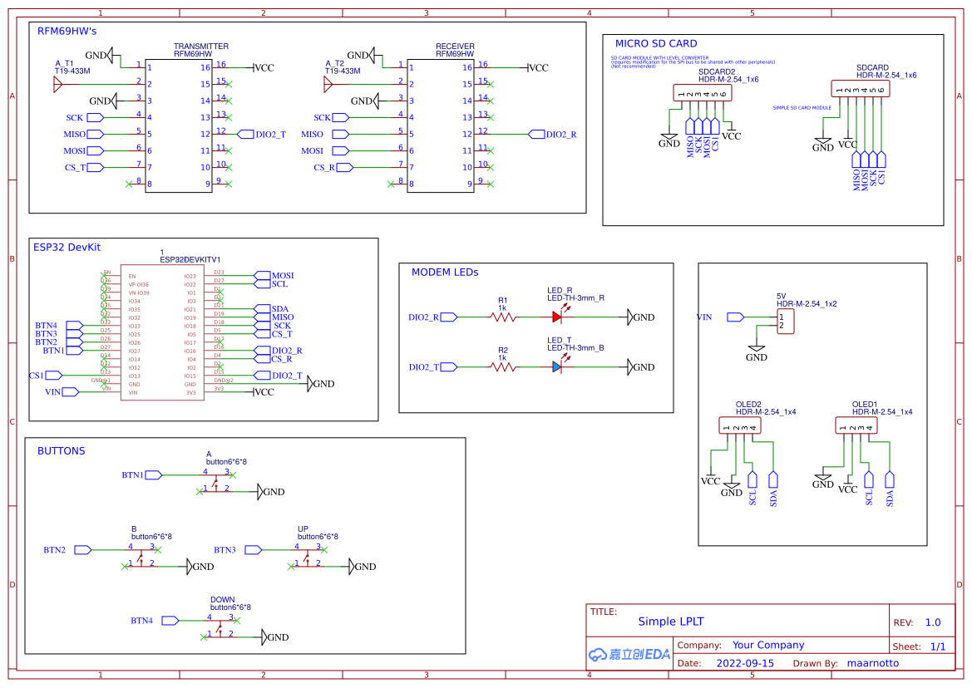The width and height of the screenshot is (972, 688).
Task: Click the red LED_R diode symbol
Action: point(558,317)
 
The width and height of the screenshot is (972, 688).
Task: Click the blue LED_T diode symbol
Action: point(558,366)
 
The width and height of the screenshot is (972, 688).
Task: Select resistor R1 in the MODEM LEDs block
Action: point(503,317)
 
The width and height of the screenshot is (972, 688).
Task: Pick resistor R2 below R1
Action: point(503,366)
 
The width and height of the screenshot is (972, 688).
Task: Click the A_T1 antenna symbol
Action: point(58,84)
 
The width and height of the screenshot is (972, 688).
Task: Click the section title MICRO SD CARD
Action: point(655,43)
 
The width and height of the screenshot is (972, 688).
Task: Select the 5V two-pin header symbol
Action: point(785,322)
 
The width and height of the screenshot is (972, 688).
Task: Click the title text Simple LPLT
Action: point(670,622)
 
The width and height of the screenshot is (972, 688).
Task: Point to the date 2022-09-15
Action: point(744,663)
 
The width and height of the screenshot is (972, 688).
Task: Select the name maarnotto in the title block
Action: point(872,663)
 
